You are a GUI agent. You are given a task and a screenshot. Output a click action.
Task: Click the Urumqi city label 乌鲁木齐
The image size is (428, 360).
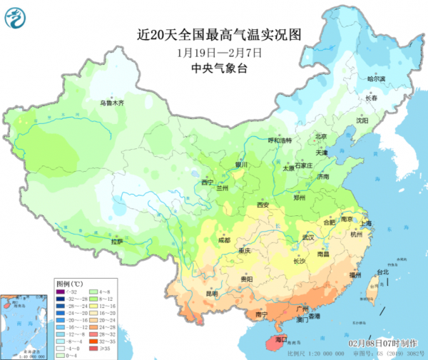[x=112, y=103]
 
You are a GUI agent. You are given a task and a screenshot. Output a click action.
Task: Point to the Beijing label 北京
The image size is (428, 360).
[x=321, y=136]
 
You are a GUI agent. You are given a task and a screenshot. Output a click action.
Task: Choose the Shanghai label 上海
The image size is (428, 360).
[x=367, y=223]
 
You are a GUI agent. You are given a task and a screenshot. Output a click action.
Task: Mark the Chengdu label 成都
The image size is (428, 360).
[x=225, y=240]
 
